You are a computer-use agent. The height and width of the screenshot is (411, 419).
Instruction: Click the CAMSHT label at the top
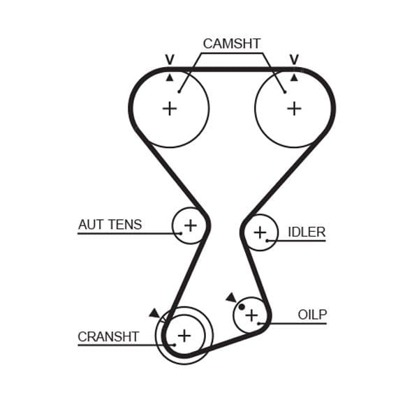(x=231, y=43)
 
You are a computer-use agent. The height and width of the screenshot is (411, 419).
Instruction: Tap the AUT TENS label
(x=110, y=225)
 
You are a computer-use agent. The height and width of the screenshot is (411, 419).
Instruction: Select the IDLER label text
(x=307, y=232)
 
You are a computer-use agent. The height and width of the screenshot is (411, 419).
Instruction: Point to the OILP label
(x=312, y=315)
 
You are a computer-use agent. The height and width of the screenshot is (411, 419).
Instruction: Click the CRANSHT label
(x=108, y=336)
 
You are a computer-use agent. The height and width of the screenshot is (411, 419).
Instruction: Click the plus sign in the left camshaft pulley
(x=170, y=108)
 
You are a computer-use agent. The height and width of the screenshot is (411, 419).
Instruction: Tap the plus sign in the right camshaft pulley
(x=294, y=108)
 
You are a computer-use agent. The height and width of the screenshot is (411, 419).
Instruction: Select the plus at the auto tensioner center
(x=190, y=225)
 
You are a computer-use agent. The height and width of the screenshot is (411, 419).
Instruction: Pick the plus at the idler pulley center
(x=260, y=232)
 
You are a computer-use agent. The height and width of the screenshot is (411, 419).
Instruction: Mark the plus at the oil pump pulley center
(x=251, y=315)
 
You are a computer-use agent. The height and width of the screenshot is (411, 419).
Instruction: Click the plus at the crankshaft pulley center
(x=184, y=336)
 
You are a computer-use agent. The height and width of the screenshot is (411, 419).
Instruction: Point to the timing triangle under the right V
(x=294, y=77)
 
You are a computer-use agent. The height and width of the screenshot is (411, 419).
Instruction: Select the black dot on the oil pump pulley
(x=242, y=306)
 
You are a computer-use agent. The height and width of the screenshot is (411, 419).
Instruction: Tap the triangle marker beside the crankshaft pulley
(x=154, y=313)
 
